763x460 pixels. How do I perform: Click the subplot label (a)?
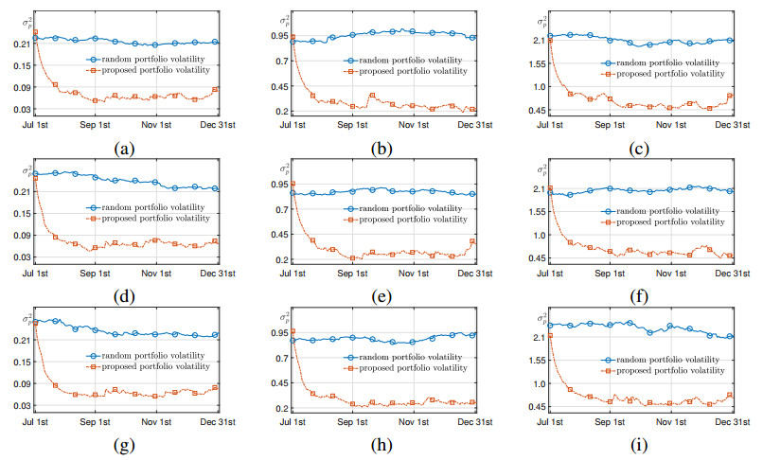(x=124, y=148)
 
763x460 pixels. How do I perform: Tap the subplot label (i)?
(x=632, y=443)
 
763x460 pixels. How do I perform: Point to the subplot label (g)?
(x=124, y=443)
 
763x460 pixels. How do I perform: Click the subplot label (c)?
(x=632, y=148)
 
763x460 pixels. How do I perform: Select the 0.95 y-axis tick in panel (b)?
(x=275, y=36)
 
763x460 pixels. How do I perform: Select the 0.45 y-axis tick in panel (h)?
(x=275, y=383)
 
